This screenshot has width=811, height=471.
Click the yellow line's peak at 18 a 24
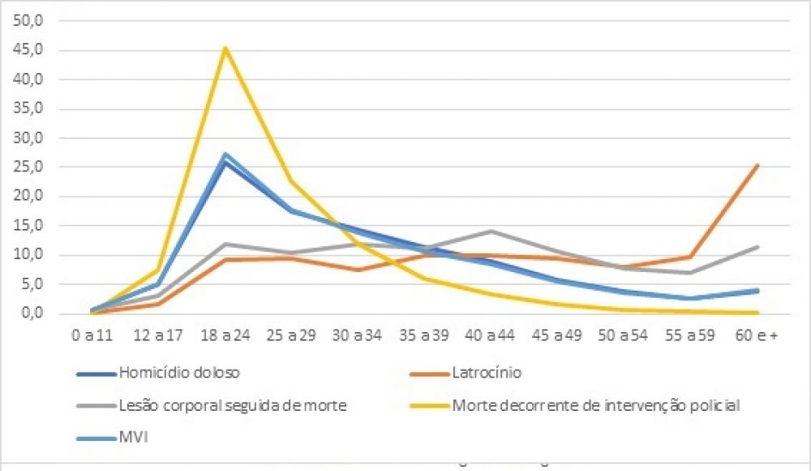[225, 48]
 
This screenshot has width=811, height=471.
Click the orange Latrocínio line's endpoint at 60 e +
[757, 165]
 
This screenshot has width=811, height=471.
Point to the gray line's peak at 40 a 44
[491, 231]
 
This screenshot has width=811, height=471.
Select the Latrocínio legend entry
[487, 374]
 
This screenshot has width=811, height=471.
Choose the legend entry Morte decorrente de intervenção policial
[596, 404]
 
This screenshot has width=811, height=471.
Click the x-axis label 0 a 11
[92, 336]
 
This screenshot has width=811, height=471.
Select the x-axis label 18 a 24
[225, 336]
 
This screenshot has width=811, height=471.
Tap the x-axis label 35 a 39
[424, 336]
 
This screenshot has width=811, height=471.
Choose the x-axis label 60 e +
[757, 336]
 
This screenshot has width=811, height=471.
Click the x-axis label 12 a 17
[158, 336]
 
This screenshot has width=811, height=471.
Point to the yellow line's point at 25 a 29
[291, 181]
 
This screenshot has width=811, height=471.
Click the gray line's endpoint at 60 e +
[757, 246]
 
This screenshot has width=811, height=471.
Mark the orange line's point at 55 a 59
[690, 257]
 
